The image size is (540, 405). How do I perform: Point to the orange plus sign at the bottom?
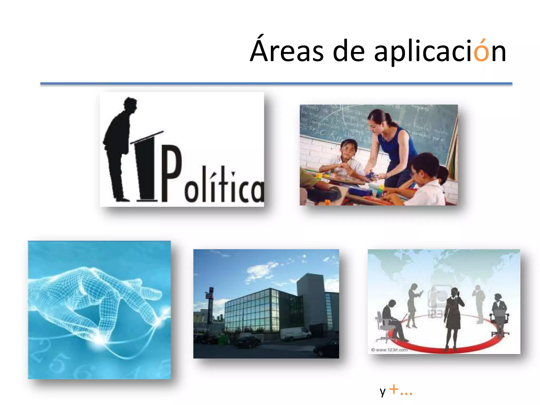394,389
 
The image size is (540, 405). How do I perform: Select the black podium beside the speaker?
146,169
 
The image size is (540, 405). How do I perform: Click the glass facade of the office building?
250,311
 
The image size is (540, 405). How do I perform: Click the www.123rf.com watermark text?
390,350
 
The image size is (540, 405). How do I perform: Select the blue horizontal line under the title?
276,84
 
